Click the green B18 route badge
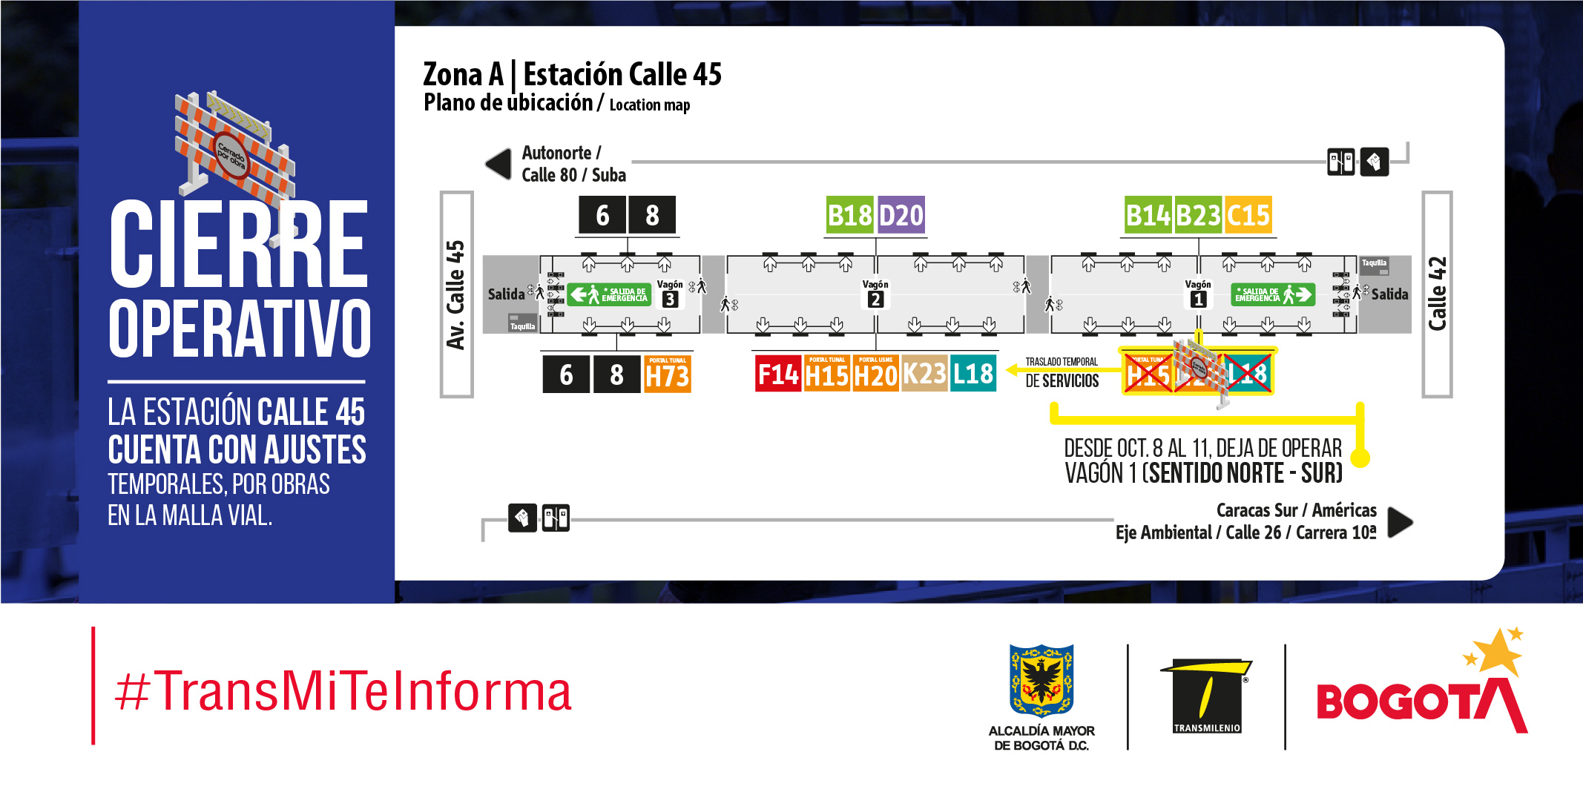849,215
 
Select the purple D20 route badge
901,215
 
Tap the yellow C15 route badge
1248,215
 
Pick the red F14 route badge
777,374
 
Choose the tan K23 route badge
924,374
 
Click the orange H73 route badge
668,374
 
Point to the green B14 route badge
1148,215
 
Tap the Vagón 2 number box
875,300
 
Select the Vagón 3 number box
670,300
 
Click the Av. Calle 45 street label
455,294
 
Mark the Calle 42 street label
1437,294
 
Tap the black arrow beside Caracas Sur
1400,522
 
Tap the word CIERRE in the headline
238,245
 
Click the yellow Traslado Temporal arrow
1013,369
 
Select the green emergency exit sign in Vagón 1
1273,294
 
